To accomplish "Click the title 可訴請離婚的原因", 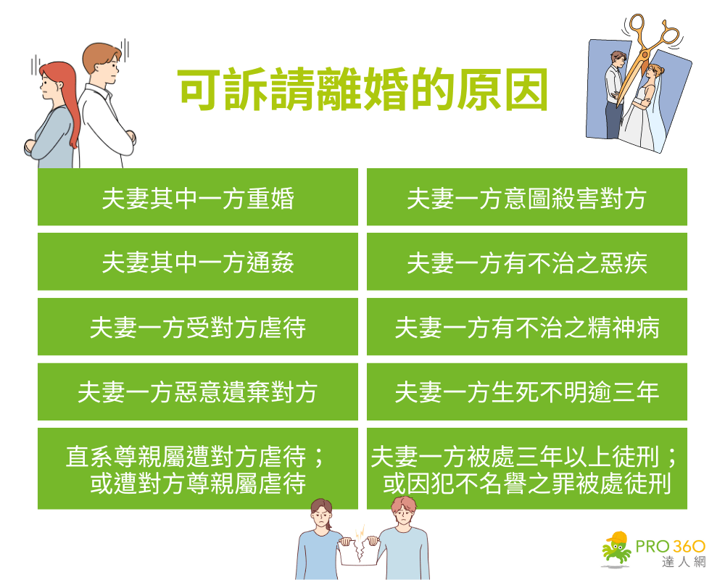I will point(362,91).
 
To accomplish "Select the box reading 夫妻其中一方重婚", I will point(198,197).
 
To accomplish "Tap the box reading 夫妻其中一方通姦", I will point(198,262).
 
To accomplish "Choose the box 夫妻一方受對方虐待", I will point(198,327).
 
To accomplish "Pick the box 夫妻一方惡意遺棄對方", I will point(198,392).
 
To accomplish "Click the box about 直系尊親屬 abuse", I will point(198,468).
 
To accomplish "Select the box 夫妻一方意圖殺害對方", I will point(526,197).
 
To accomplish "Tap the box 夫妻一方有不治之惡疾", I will point(526,262).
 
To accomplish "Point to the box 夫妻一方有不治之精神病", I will point(526,327).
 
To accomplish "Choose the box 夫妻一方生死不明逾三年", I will point(526,392).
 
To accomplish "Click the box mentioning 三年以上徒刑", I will point(526,468).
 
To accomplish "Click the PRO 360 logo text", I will point(671,545).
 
